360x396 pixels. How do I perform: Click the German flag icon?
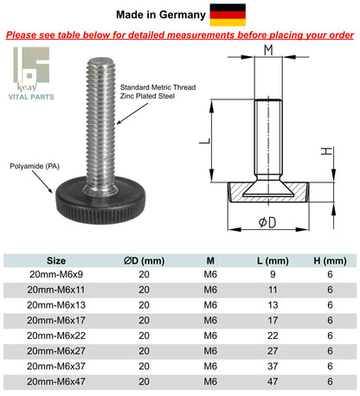click(x=228, y=15)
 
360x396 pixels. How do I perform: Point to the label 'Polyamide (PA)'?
click(x=35, y=163)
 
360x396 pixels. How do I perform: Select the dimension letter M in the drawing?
click(x=269, y=49)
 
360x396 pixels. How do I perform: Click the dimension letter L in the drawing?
click(x=213, y=137)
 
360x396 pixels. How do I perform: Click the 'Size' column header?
click(x=55, y=259)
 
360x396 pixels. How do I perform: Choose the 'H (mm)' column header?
click(x=329, y=259)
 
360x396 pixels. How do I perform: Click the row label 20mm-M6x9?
click(x=55, y=275)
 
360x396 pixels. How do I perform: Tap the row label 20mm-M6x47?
click(x=55, y=380)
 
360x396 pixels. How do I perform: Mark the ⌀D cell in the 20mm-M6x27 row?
click(x=144, y=350)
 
